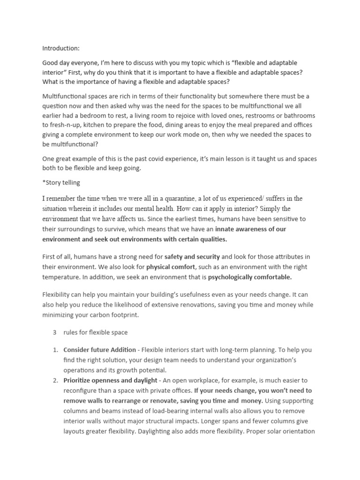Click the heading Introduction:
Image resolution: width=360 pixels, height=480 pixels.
tap(61, 48)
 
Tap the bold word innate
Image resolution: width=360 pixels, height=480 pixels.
tap(226, 230)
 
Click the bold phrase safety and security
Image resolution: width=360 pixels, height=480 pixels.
tap(192, 257)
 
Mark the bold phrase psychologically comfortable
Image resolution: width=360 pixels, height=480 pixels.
tap(250, 277)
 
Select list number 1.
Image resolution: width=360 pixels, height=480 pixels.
tap(54, 350)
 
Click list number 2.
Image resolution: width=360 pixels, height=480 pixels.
tap(54, 380)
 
